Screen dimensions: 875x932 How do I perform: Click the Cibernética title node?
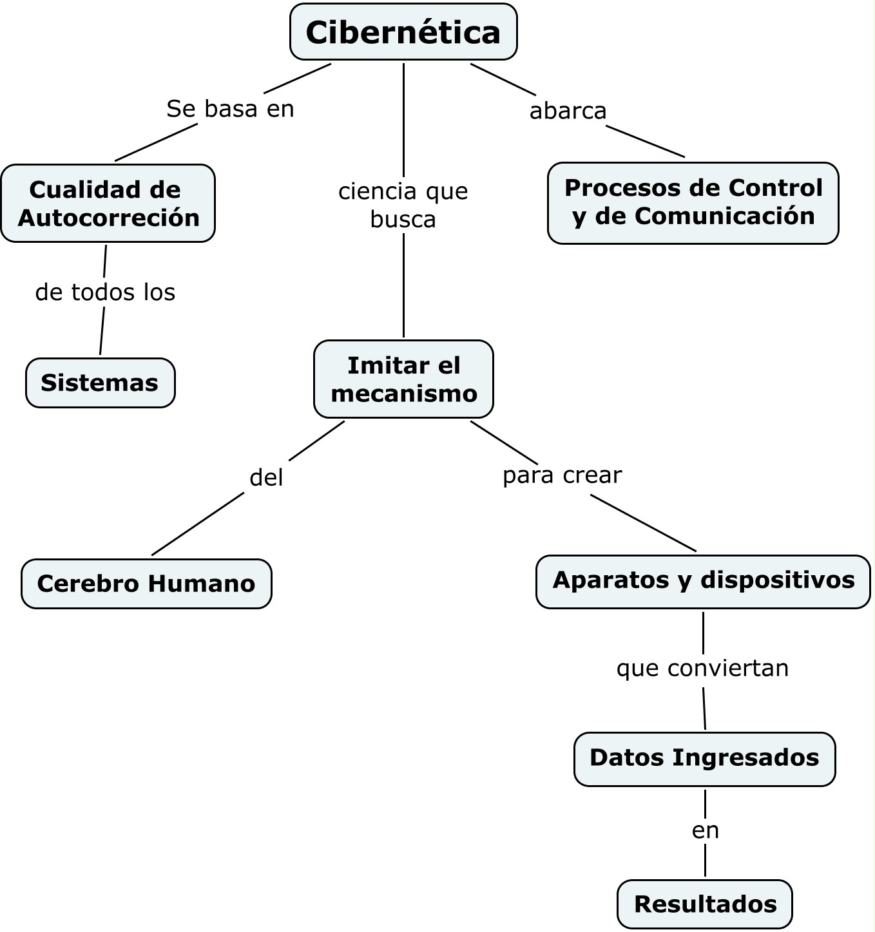tap(403, 32)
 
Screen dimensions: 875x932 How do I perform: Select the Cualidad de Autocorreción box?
tap(108, 203)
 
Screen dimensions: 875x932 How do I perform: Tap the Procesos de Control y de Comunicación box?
tap(693, 203)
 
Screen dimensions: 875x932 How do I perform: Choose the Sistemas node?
tap(100, 383)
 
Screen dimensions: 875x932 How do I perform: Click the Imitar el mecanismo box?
tap(403, 379)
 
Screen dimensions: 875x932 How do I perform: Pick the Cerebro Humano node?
tap(146, 584)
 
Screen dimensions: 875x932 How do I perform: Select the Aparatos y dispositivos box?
tap(703, 582)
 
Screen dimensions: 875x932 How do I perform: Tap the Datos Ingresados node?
tap(704, 759)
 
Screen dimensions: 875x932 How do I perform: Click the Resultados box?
tap(704, 904)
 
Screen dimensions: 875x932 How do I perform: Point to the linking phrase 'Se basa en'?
tap(230, 109)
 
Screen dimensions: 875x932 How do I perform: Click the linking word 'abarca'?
tap(568, 111)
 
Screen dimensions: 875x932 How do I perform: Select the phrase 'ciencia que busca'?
tap(403, 205)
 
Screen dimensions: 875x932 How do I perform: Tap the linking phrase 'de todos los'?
tap(105, 292)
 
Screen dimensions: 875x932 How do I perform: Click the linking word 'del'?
tap(266, 478)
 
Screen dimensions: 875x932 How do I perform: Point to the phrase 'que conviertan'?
tap(702, 669)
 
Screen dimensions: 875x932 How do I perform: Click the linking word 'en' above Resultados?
tap(705, 831)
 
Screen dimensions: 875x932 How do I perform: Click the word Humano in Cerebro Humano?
tap(202, 584)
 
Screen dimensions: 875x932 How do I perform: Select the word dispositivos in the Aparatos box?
tap(778, 581)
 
